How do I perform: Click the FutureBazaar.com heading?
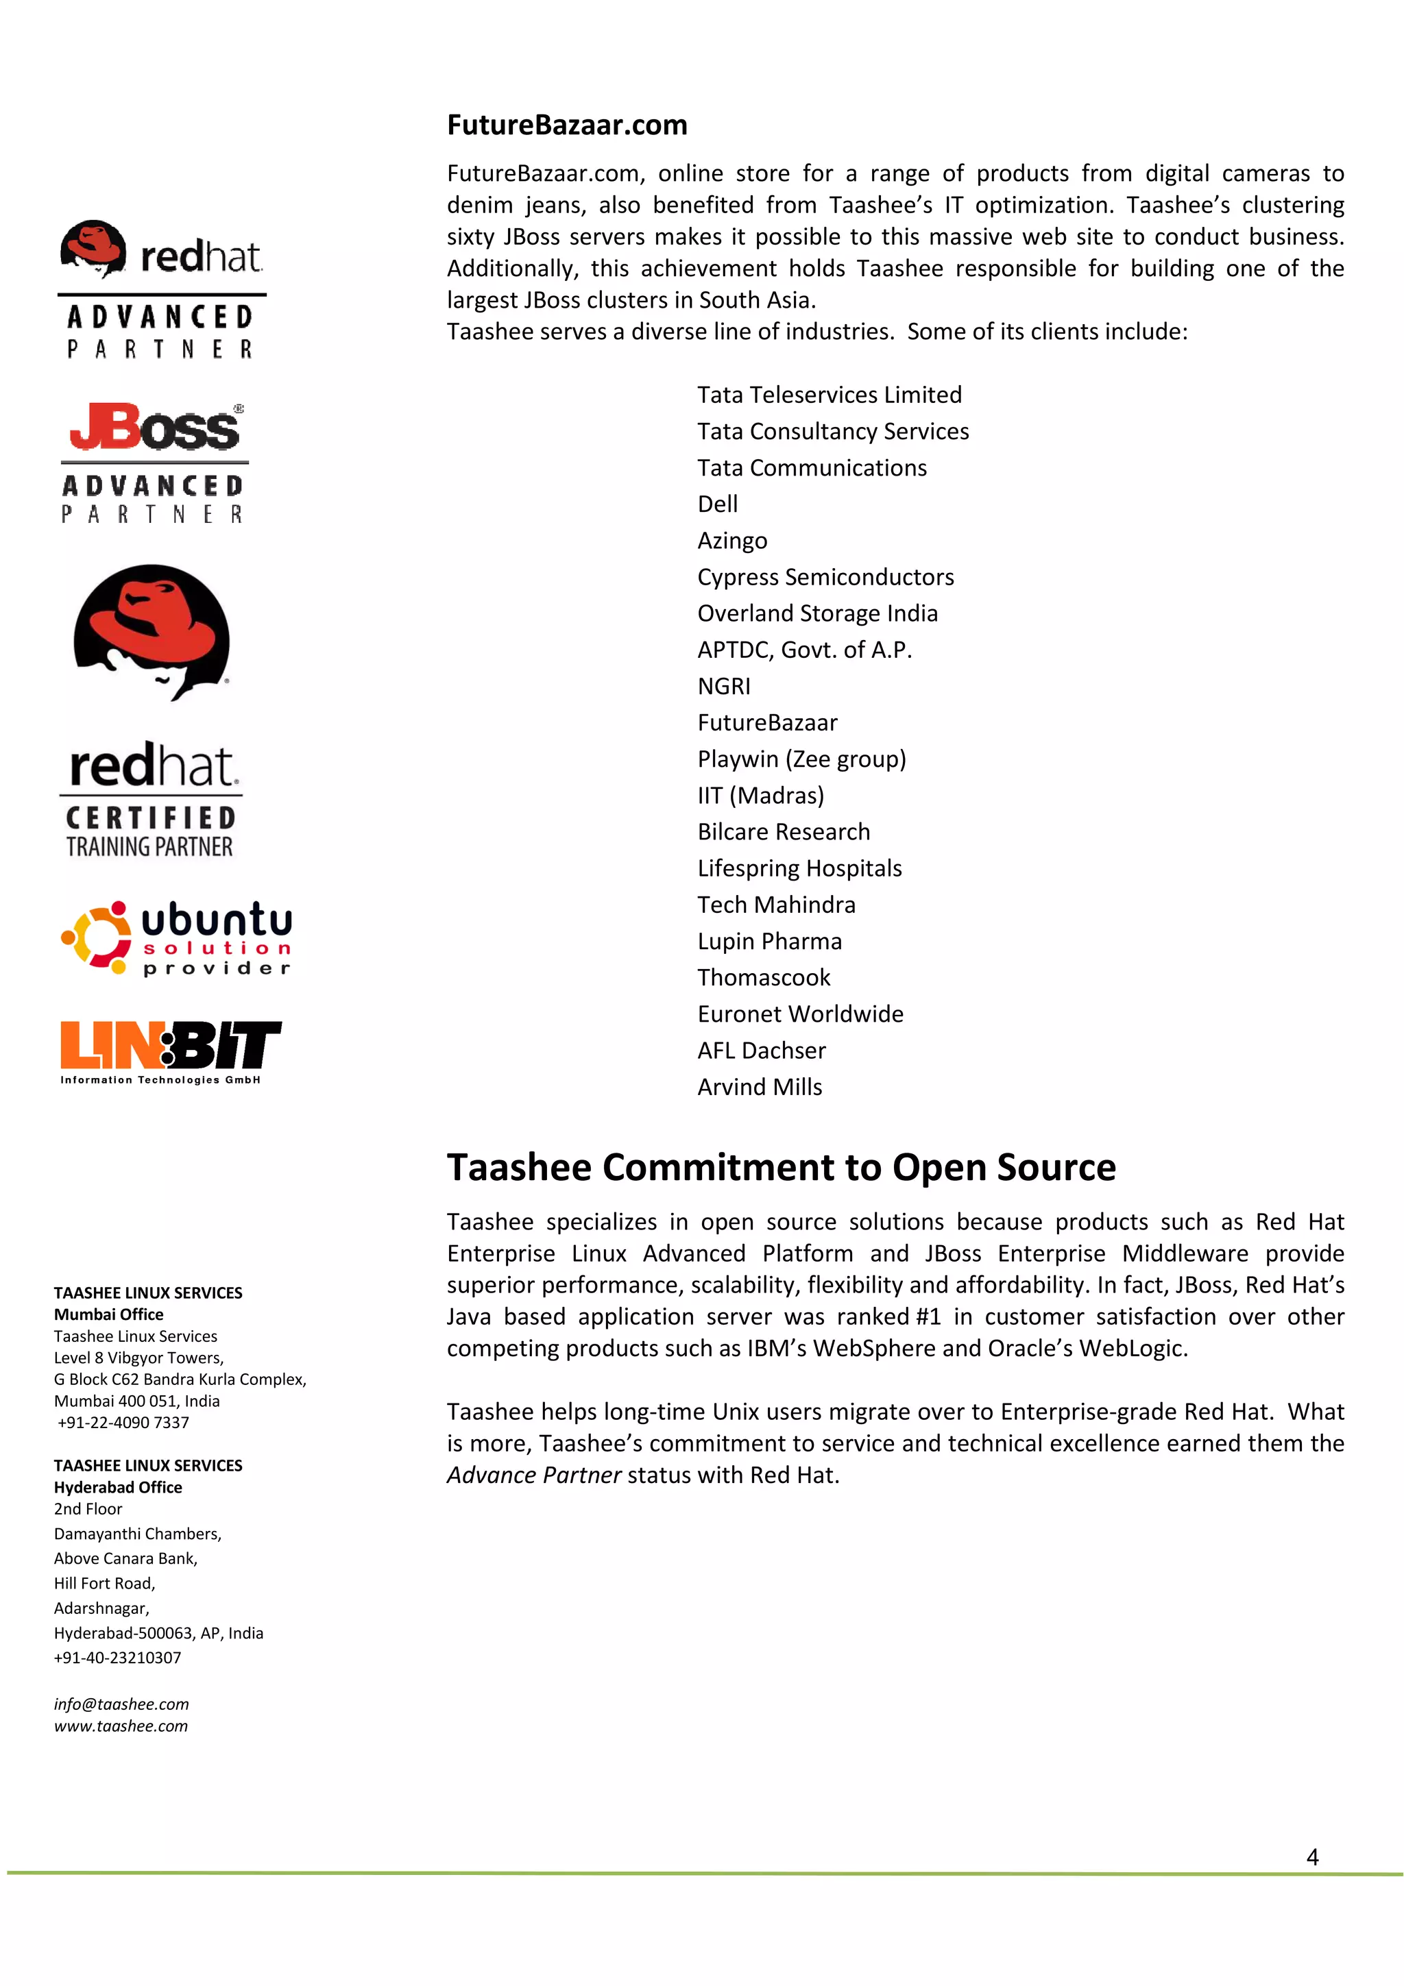567,125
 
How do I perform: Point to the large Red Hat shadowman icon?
152,631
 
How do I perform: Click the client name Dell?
717,504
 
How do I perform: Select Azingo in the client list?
732,541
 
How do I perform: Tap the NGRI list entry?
723,687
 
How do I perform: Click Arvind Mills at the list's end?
760,1088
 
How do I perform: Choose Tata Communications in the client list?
812,468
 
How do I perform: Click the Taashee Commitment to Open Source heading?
780,1168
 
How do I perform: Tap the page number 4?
1311,1857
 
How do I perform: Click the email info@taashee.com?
121,1704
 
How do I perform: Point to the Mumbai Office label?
108,1315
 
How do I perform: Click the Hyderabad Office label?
118,1487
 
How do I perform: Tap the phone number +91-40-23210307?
118,1657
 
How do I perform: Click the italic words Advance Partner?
534,1475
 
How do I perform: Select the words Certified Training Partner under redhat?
151,832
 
